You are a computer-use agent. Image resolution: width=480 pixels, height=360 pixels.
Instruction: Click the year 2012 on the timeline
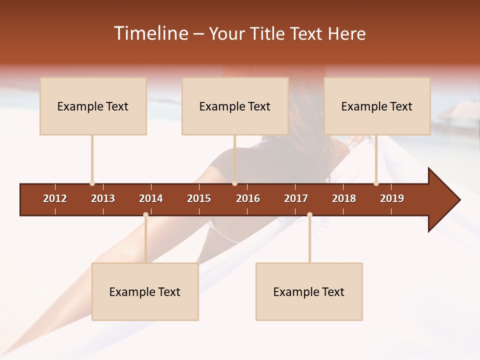pos(55,198)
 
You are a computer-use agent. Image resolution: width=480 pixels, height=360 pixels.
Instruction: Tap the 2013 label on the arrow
pos(103,198)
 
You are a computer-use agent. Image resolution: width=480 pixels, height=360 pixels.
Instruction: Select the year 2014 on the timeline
pos(151,198)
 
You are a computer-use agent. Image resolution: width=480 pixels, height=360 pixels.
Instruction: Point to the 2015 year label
pos(199,198)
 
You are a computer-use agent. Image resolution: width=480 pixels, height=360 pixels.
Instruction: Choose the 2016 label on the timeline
pos(248,198)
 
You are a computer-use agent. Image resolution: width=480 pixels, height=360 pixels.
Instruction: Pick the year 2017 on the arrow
pos(296,198)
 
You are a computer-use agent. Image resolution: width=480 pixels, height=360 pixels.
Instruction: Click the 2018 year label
pos(344,198)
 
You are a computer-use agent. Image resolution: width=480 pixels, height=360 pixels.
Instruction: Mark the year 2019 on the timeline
pos(392,198)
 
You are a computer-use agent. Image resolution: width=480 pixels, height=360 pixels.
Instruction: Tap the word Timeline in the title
pos(150,33)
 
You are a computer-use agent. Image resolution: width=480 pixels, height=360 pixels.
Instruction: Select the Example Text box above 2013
pos(93,106)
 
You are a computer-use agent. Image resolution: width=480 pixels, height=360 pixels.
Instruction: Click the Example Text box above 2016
pos(235,106)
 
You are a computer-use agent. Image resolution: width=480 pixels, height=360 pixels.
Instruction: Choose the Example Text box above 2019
pos(377,106)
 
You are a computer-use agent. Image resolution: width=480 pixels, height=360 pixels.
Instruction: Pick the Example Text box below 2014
pos(145,291)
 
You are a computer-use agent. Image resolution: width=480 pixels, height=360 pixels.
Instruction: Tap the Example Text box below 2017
pos(309,291)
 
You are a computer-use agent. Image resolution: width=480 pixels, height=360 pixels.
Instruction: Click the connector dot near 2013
pos(92,183)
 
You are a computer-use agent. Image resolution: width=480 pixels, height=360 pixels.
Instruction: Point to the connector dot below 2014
pos(145,215)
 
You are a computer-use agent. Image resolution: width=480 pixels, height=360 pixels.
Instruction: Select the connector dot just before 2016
pos(234,183)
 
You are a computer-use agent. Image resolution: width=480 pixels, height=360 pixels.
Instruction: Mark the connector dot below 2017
pos(309,215)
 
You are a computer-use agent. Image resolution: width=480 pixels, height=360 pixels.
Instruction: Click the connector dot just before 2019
pos(376,183)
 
